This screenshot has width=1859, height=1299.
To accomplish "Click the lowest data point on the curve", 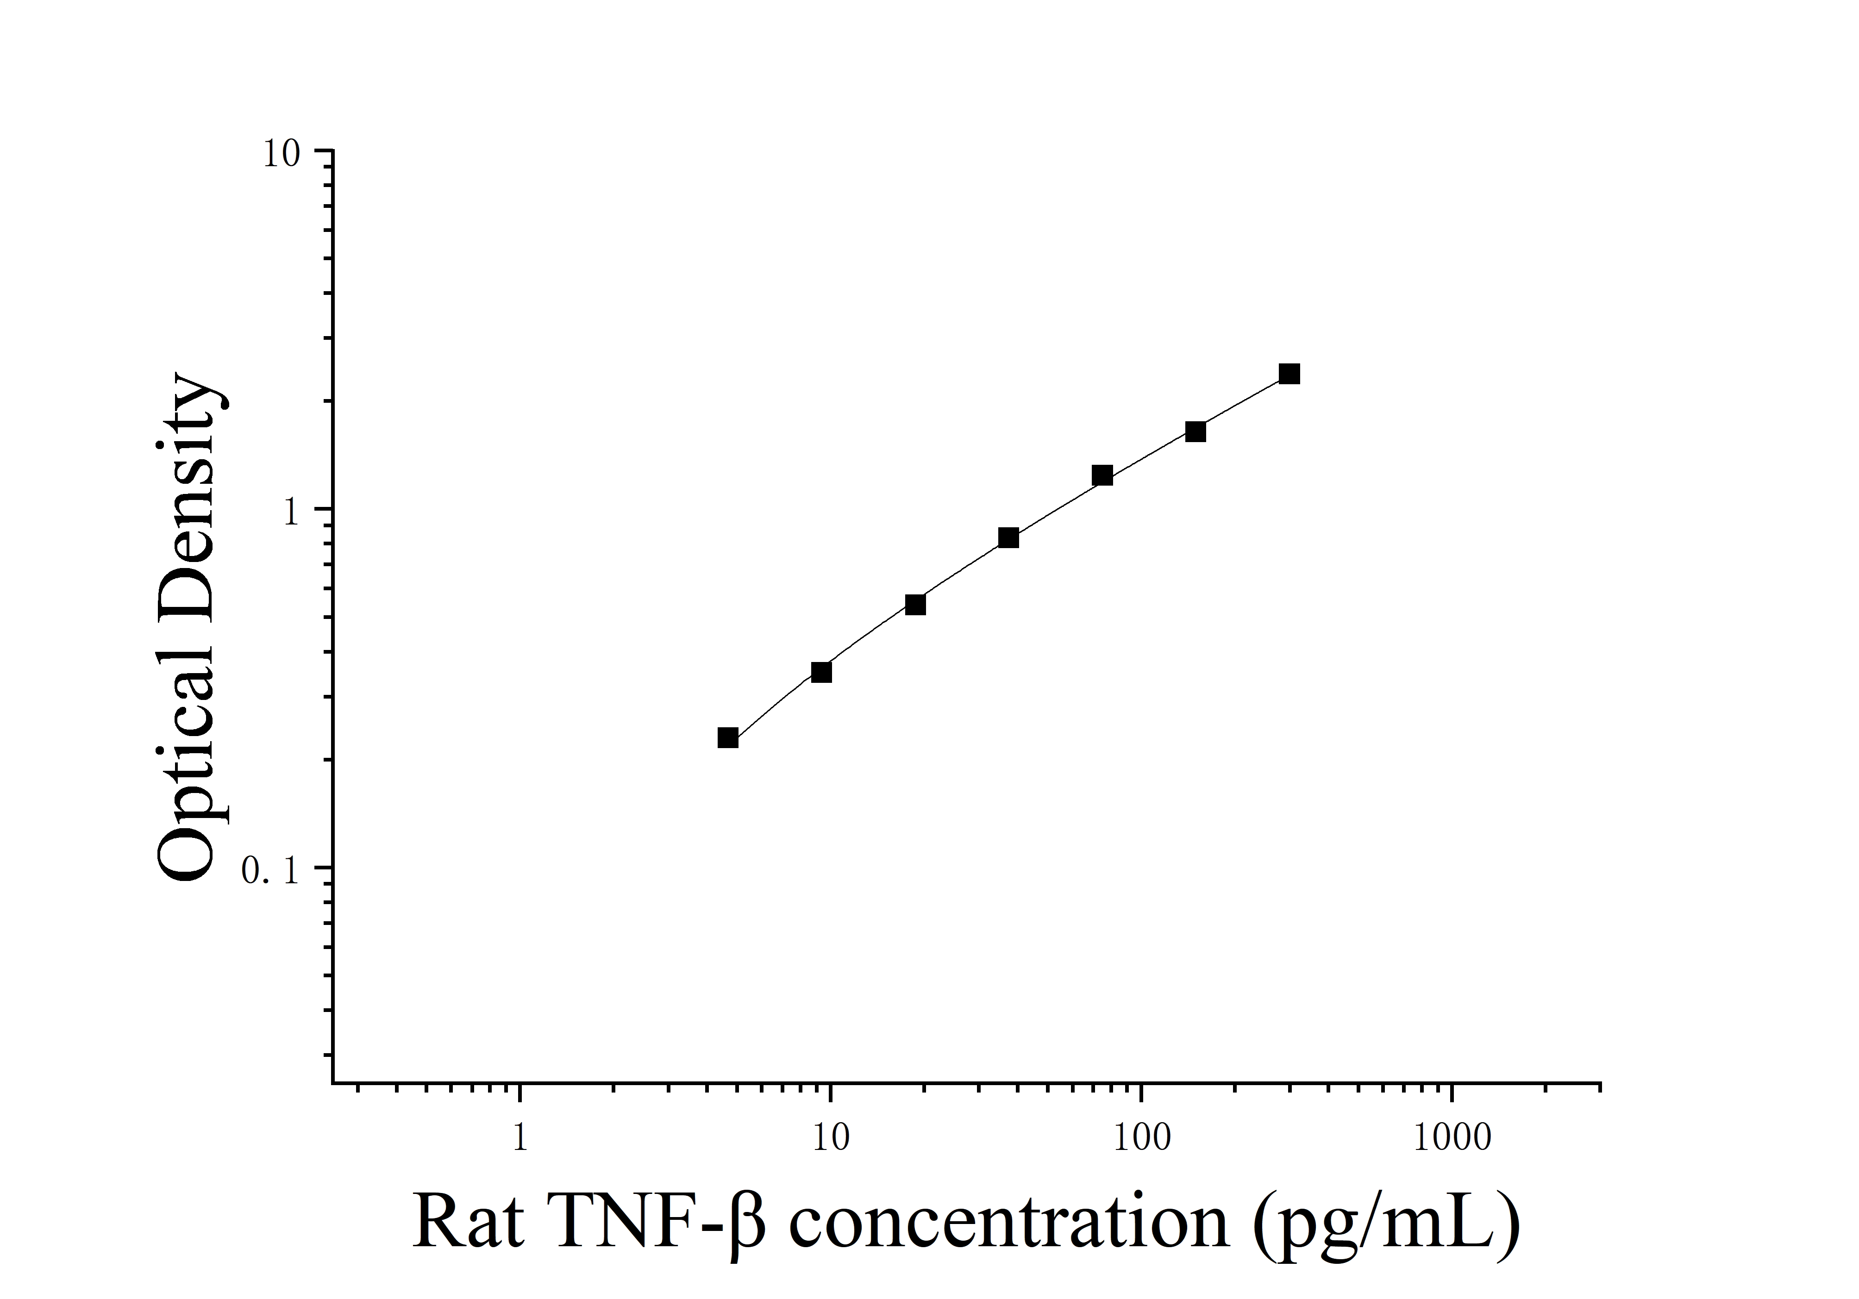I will coord(728,737).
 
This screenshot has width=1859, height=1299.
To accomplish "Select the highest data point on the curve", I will coord(1289,374).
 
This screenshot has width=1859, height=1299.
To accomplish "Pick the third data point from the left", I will coord(915,605).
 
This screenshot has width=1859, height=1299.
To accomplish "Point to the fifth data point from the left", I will coord(1102,476).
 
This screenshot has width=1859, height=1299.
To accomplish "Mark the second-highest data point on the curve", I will coord(1195,431).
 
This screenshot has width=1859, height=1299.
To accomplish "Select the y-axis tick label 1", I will coord(292,512).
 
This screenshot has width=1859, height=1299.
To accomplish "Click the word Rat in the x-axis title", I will coord(468,1222).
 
